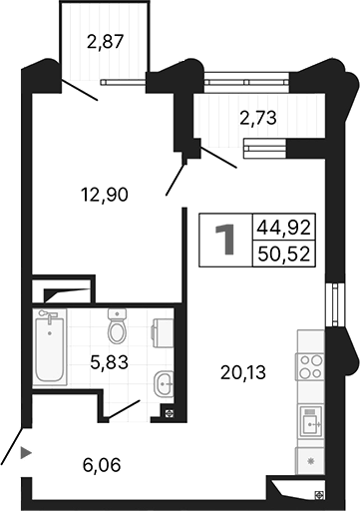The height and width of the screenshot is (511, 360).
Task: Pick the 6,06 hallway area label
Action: [104, 464]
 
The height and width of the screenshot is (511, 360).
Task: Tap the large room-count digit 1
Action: [226, 241]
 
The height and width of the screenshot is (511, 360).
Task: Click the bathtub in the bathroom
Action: [49, 349]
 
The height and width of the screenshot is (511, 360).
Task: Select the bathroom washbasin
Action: [165, 380]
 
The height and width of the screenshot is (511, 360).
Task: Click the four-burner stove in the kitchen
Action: [311, 365]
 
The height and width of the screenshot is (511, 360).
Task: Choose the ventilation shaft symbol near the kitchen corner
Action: [317, 493]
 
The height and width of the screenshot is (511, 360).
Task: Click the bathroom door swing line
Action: [125, 409]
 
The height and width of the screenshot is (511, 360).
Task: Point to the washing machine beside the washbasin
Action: [164, 330]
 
